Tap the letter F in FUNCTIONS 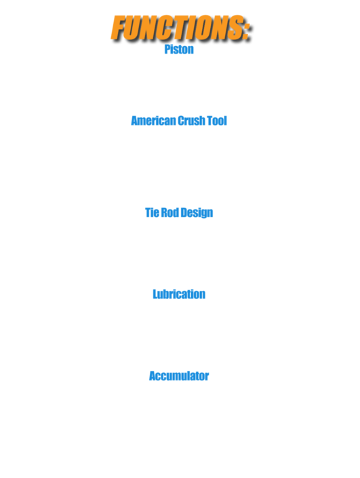point(119,28)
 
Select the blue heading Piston point(179,49)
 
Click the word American point(153,121)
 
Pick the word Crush point(191,121)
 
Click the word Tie point(152,212)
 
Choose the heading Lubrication point(179,294)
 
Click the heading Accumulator point(179,376)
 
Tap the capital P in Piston point(167,49)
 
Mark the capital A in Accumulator point(153,376)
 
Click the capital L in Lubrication point(155,294)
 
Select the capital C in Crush point(181,121)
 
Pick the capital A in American point(135,121)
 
